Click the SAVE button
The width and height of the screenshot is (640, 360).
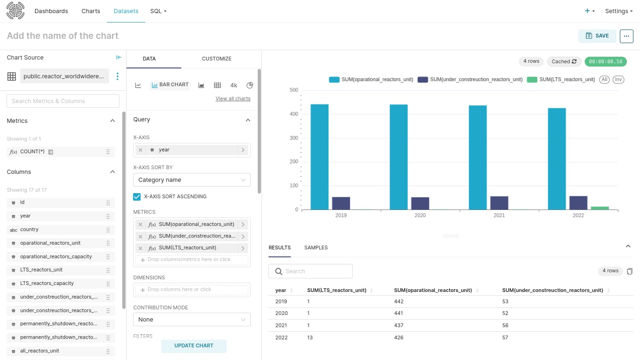[597, 36]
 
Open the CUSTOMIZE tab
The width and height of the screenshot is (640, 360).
[216, 59]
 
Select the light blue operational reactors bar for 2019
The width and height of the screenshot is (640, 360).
[320, 157]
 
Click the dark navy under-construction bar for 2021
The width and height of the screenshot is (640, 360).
[499, 203]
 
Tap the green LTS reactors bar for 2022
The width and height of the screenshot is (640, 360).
[600, 208]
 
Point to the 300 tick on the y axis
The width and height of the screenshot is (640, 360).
[294, 138]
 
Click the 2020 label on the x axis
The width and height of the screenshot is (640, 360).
[420, 215]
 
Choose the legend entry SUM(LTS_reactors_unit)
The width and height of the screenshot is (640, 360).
[561, 80]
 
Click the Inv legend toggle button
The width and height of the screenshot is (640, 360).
[618, 80]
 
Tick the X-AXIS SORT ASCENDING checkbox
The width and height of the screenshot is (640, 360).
[137, 197]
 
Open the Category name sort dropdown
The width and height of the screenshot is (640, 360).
[192, 180]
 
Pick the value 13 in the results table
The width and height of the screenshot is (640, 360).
[310, 337]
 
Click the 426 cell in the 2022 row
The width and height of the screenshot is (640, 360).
[399, 337]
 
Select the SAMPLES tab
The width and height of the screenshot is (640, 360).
[316, 247]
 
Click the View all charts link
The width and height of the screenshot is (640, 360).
[233, 98]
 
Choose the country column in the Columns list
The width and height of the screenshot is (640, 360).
[29, 230]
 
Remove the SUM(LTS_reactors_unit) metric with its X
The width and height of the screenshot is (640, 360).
[140, 248]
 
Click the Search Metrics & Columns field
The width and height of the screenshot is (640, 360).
[63, 101]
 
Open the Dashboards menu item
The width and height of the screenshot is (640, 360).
[51, 11]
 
